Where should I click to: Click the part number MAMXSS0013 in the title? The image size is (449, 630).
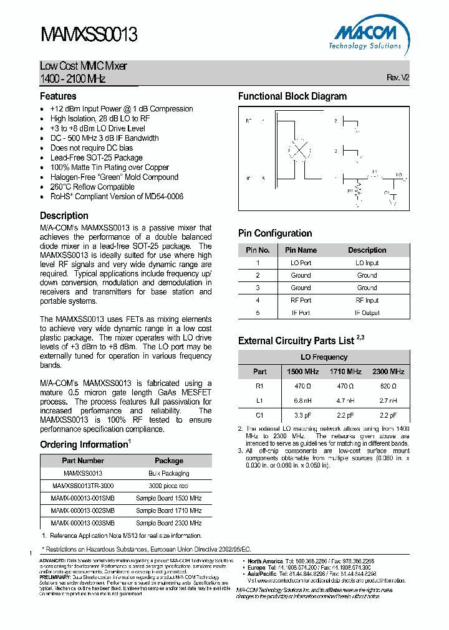point(89,34)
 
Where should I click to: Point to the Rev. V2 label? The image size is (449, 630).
point(398,78)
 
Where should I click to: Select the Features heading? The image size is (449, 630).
point(58,96)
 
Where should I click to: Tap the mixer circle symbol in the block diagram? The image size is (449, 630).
point(301,151)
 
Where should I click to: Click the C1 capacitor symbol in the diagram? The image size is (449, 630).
point(392,194)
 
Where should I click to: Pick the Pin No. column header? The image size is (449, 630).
point(257,250)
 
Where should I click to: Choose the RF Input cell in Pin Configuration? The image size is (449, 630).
point(367,300)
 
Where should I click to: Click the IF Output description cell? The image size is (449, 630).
point(367,313)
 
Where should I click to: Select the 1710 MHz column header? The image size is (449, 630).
point(345,372)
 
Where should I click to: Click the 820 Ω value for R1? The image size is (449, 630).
point(388,386)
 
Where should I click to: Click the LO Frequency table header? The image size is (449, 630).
point(324,357)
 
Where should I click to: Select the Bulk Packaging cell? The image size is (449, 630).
point(168,473)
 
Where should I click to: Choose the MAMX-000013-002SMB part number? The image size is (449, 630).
point(82,510)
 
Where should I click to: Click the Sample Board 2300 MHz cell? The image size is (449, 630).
point(168,523)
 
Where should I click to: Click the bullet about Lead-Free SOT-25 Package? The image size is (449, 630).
point(97,157)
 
